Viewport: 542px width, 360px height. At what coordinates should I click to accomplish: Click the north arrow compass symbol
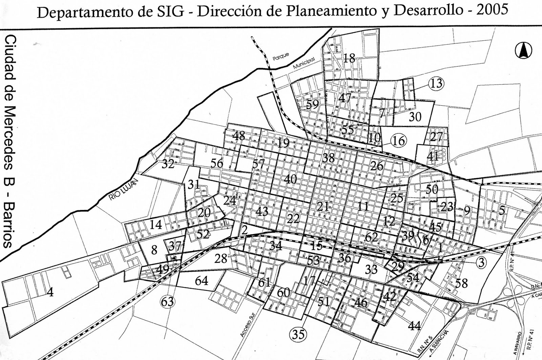523,51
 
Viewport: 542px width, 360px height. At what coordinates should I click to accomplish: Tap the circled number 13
436,83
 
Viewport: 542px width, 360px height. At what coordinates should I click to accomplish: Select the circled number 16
399,141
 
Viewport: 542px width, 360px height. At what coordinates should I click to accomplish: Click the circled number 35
298,334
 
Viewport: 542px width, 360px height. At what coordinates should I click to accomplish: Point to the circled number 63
167,301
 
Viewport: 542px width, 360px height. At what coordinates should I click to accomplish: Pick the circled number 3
481,262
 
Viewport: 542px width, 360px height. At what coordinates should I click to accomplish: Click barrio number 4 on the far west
50,292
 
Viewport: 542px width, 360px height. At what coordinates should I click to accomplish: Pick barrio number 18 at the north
349,58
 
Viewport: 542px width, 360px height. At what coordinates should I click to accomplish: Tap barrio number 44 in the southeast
414,326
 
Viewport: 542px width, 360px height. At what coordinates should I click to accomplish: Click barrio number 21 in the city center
323,206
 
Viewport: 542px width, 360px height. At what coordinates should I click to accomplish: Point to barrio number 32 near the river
168,164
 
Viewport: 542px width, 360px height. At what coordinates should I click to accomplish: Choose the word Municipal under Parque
304,63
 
